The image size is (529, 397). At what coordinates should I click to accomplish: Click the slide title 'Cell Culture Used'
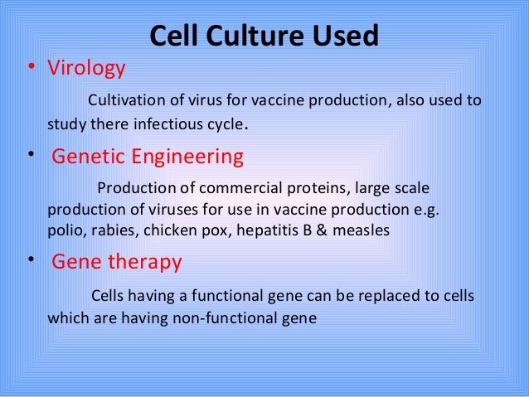click(264, 36)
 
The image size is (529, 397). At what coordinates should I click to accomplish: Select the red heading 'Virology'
click(87, 68)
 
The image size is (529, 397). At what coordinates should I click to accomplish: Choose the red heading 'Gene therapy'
click(116, 263)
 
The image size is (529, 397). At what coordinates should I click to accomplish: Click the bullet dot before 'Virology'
click(30, 69)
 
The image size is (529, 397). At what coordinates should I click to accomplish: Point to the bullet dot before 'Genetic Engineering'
click(30, 155)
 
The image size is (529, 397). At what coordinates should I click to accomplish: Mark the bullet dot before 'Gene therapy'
click(30, 261)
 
